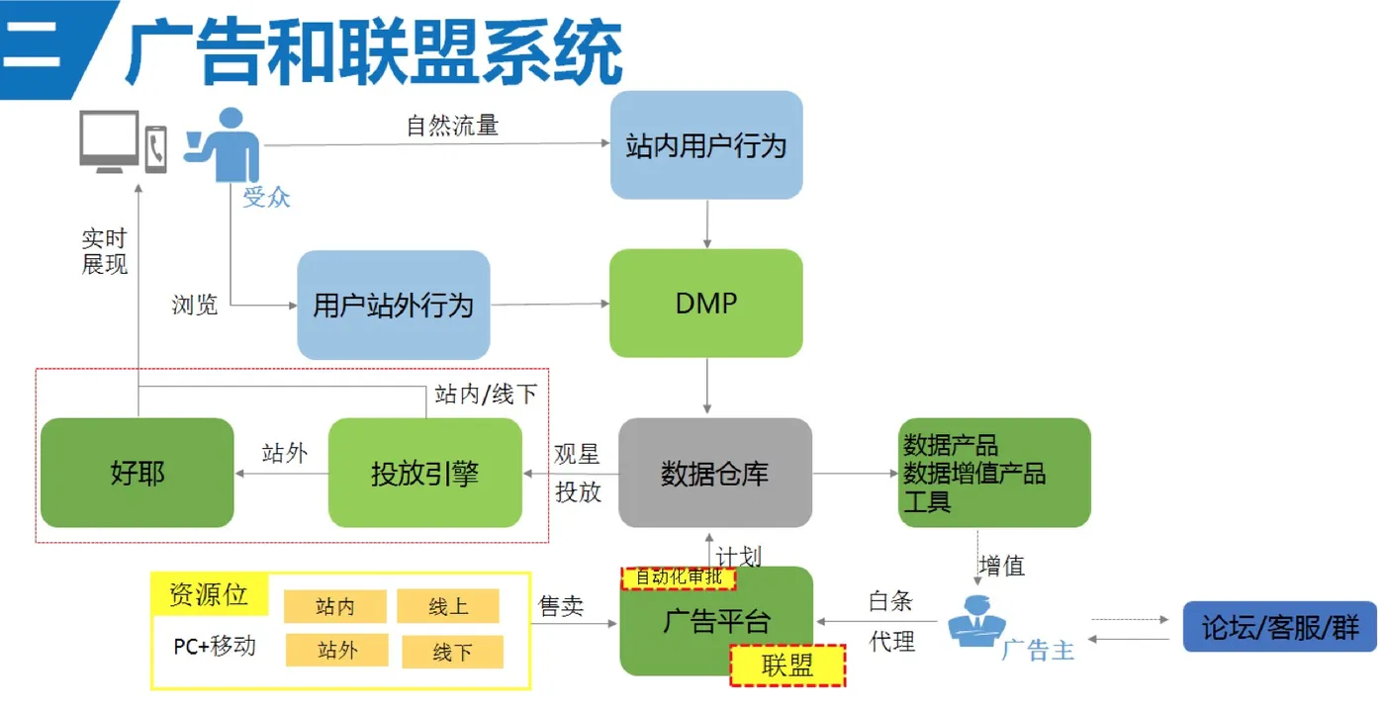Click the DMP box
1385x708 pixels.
(x=706, y=303)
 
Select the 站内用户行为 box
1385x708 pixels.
(x=706, y=145)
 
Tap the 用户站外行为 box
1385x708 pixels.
(x=394, y=305)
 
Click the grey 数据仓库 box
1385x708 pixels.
(x=714, y=473)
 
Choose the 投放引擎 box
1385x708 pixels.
(x=424, y=473)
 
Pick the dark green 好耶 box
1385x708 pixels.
(x=138, y=473)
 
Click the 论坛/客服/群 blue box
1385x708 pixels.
(x=1280, y=627)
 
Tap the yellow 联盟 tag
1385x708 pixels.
(x=787, y=665)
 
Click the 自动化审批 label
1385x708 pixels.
(x=679, y=577)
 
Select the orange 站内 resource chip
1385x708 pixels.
(x=335, y=606)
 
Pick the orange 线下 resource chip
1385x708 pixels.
(x=453, y=652)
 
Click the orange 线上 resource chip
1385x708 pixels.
(x=447, y=606)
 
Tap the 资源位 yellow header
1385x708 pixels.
(x=210, y=593)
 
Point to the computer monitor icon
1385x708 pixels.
(x=110, y=141)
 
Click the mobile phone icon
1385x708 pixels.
(x=156, y=149)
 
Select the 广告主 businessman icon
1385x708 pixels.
(x=977, y=621)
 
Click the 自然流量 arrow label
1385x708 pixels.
(x=452, y=126)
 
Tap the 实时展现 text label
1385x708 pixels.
(x=105, y=251)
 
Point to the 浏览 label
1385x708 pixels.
(x=195, y=305)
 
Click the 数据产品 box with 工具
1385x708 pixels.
(x=994, y=473)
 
